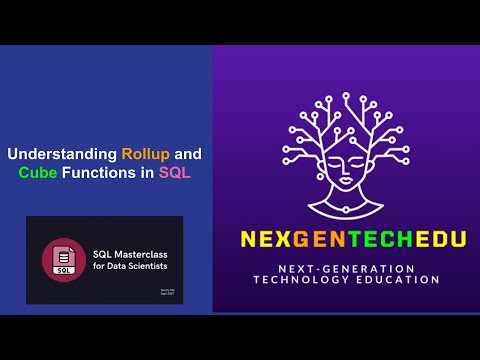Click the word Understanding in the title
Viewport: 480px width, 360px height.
tap(62, 155)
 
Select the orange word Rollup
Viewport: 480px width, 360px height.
tap(146, 155)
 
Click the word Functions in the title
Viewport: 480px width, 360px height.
tap(99, 172)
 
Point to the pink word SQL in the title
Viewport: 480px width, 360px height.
tap(175, 172)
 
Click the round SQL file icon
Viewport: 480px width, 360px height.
tap(62, 258)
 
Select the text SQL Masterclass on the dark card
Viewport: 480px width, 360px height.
tap(123, 254)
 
